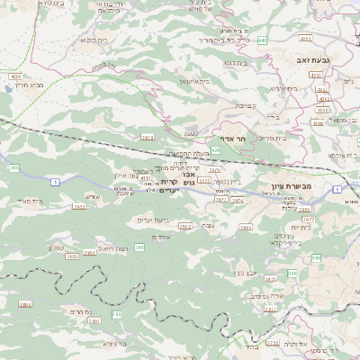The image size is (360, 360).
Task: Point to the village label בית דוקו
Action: (236, 63)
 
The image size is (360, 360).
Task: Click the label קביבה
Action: (244, 105)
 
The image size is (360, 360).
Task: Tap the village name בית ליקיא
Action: (94, 40)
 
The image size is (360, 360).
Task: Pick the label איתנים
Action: (162, 236)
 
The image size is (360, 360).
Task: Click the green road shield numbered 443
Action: (261, 40)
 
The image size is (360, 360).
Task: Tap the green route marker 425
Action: (215, 150)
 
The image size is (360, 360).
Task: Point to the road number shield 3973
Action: (147, 138)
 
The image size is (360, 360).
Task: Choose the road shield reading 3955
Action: (79, 206)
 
